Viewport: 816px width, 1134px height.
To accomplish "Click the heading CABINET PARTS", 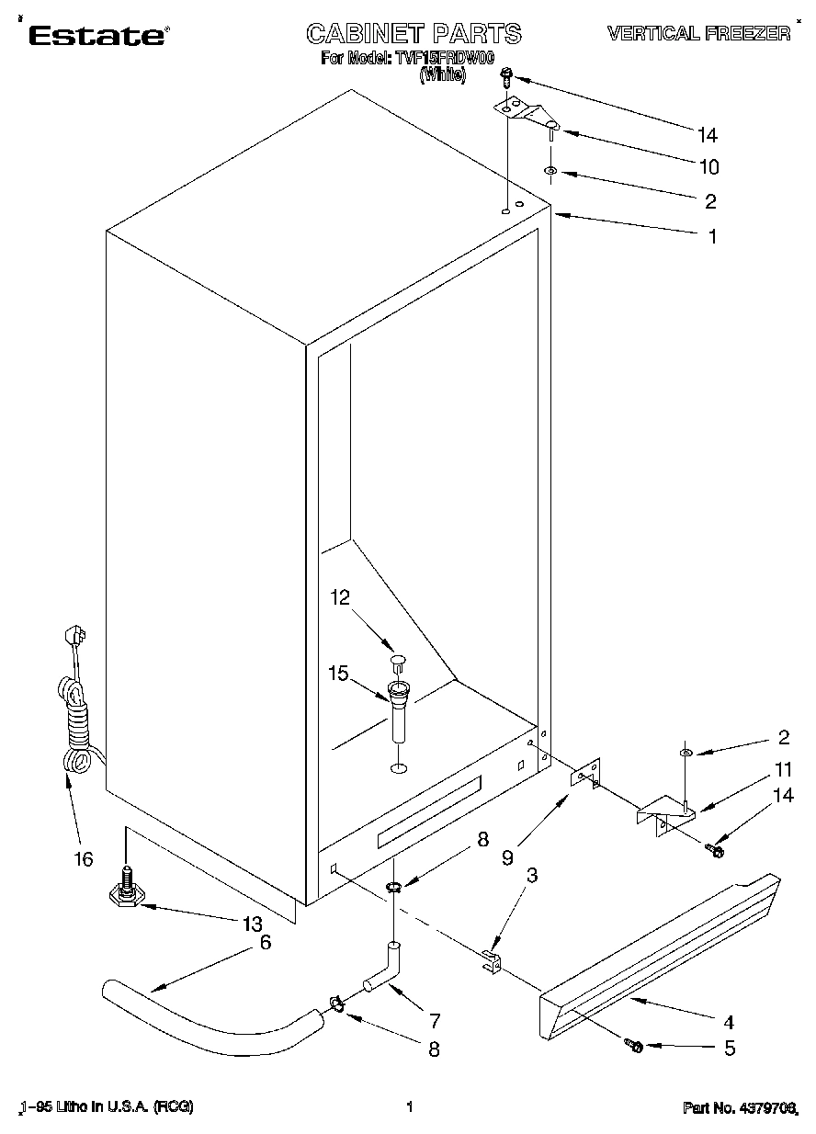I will click(x=413, y=35).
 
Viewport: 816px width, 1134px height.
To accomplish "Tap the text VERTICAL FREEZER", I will click(x=698, y=35).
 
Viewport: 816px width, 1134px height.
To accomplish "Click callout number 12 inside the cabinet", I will click(x=340, y=598).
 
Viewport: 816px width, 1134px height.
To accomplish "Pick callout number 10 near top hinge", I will click(x=708, y=167).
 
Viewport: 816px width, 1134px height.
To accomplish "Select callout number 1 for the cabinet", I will click(x=712, y=236).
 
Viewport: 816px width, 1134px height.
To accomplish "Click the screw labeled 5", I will click(x=635, y=1045).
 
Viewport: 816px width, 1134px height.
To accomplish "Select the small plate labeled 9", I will click(x=585, y=776).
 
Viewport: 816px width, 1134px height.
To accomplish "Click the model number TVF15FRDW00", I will click(x=444, y=59).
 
